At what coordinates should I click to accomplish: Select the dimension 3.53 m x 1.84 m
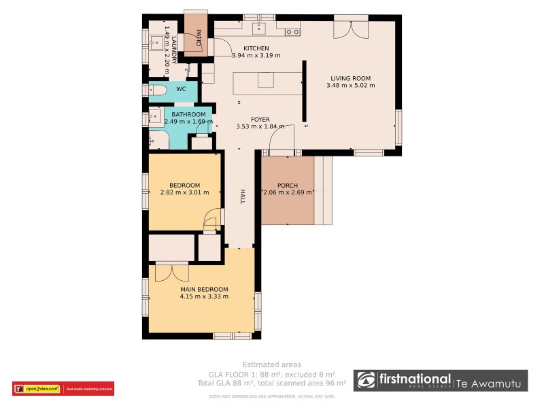pos(260,126)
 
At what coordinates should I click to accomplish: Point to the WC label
pos(181,89)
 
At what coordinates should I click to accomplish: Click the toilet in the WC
pos(158,90)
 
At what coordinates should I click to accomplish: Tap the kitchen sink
pos(259,28)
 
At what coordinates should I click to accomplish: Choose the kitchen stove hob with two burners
pos(292,31)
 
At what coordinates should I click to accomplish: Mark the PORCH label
pos(288,186)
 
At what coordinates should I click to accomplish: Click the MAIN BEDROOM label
pos(204,290)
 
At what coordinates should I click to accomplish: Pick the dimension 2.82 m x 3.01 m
pos(184,192)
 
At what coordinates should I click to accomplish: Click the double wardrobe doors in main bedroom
pos(171,272)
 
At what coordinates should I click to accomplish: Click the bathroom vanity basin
pos(154,120)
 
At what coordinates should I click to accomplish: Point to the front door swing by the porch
pos(282,139)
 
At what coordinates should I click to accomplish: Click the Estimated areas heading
pos(272,364)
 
